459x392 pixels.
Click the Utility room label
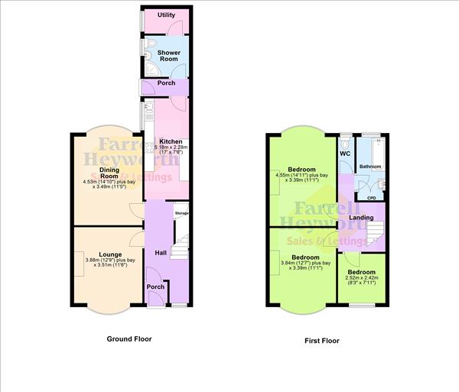click(166, 15)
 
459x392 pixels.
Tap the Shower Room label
click(169, 56)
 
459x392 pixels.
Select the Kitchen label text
click(169, 141)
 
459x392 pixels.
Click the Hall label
click(161, 253)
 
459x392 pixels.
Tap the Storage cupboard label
click(181, 213)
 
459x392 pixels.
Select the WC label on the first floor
click(345, 154)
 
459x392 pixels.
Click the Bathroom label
click(371, 166)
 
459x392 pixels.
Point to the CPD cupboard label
click(372, 198)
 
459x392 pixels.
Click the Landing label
click(361, 218)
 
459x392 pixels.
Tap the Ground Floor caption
click(129, 339)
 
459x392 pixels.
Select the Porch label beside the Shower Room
click(166, 83)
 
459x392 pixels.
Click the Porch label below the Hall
click(155, 287)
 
